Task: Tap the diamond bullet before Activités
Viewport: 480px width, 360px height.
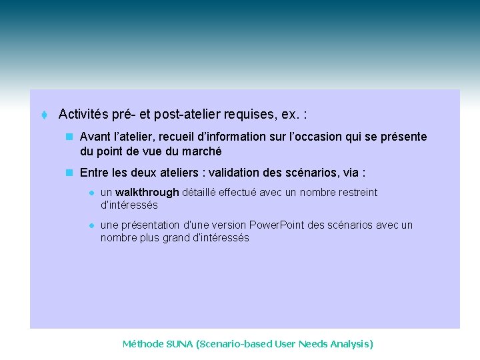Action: pos(44,115)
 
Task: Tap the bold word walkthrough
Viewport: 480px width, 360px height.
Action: pos(147,193)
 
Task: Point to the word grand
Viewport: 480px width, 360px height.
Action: pos(177,238)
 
